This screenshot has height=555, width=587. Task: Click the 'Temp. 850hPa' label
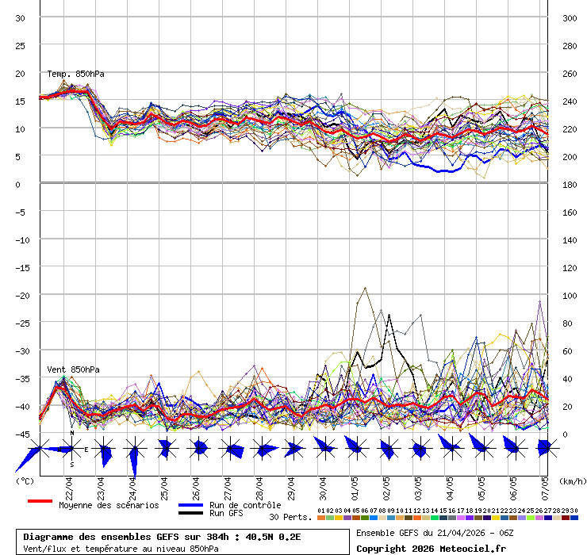tap(75, 74)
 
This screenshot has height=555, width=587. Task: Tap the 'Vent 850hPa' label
tap(73, 369)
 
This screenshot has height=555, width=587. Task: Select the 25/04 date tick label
tap(164, 484)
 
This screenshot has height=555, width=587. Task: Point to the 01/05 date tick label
tap(355, 484)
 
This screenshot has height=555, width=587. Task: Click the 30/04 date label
tap(323, 484)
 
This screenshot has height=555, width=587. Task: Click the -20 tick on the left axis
tap(21, 295)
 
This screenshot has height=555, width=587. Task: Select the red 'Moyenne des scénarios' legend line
tap(40, 501)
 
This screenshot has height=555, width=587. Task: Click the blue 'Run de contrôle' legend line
tap(190, 505)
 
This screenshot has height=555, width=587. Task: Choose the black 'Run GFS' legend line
tap(190, 513)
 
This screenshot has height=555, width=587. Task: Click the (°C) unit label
tap(25, 480)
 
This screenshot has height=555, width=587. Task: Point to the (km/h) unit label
tap(571, 480)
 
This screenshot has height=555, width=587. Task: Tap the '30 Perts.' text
tap(290, 517)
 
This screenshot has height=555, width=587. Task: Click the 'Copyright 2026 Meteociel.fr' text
tap(431, 548)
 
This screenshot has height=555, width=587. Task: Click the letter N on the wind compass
tap(72, 433)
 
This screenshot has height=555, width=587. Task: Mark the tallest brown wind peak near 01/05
tap(364, 288)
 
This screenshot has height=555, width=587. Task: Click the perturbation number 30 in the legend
tap(574, 511)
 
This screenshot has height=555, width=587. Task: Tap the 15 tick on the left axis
tap(21, 101)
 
